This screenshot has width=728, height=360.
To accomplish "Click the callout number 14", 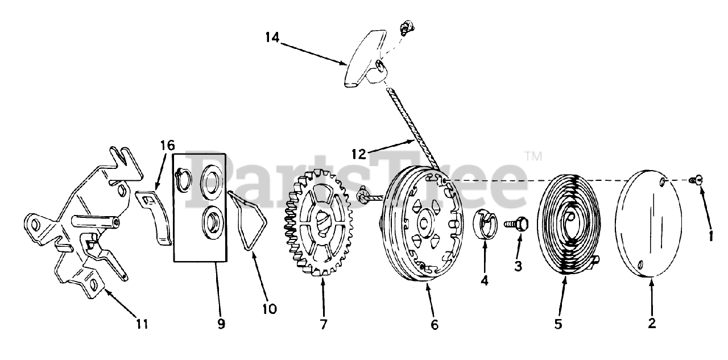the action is pyautogui.click(x=272, y=38).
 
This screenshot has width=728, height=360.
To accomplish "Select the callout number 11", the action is pyautogui.click(x=142, y=324).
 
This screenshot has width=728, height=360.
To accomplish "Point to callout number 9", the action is pyautogui.click(x=221, y=324).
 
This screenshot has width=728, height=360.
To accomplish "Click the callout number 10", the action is pyautogui.click(x=269, y=309).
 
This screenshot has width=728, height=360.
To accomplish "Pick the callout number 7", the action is pyautogui.click(x=323, y=324).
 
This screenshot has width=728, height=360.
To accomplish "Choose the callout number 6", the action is pyautogui.click(x=435, y=325).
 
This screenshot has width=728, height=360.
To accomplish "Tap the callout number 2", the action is pyautogui.click(x=652, y=324).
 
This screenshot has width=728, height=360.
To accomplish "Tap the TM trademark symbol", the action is pyautogui.click(x=532, y=155).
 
